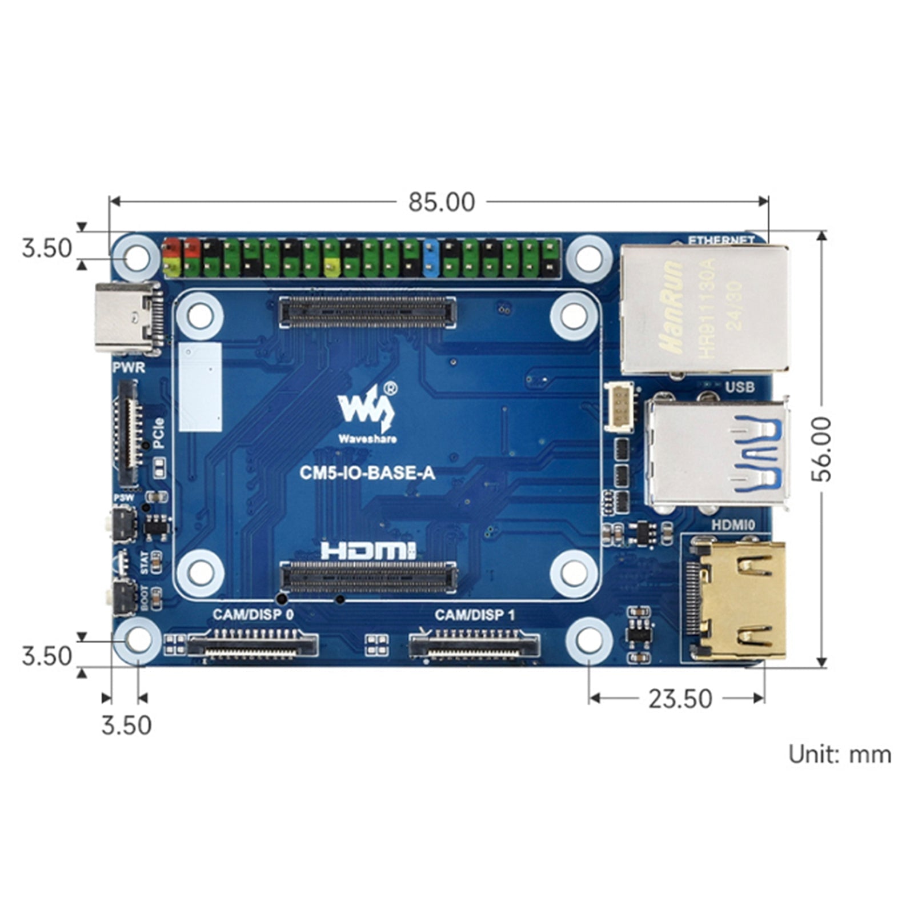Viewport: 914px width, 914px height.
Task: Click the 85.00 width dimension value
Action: pyautogui.click(x=441, y=202)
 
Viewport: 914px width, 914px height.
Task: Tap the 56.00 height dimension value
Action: pyautogui.click(x=823, y=449)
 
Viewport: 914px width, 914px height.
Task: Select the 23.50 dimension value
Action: pyautogui.click(x=680, y=699)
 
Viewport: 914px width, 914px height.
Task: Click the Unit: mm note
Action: pyautogui.click(x=839, y=755)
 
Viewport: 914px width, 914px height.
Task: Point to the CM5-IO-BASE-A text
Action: pyautogui.click(x=367, y=473)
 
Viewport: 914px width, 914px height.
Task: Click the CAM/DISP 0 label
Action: pyautogui.click(x=253, y=615)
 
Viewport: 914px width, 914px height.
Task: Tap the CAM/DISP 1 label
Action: pyautogui.click(x=474, y=615)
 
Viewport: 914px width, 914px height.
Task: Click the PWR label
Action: pyautogui.click(x=129, y=367)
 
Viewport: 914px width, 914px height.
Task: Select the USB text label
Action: pyautogui.click(x=740, y=387)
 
